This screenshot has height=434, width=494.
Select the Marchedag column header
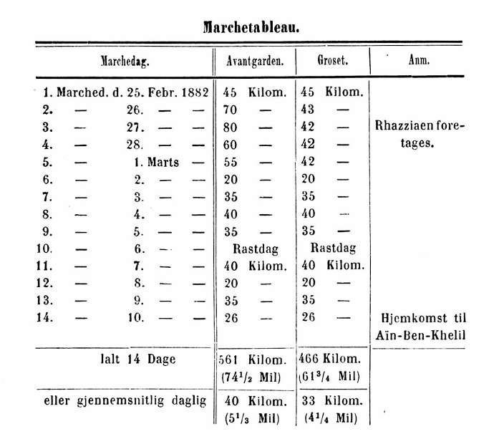coord(125,61)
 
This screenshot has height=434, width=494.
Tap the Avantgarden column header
coord(255,61)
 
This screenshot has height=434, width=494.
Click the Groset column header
coord(332,61)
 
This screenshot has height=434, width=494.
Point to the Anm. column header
coord(419,61)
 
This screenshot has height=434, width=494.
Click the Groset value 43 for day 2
coord(307,110)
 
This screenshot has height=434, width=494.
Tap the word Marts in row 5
coord(163,163)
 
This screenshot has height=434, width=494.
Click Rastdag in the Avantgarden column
coord(255,249)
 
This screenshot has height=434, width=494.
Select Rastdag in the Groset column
coord(331,249)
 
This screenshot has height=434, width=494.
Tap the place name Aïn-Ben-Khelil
coord(420,336)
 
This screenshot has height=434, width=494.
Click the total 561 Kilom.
coord(255,360)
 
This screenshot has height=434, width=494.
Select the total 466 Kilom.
coord(331,360)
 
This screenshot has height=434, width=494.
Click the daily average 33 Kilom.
coord(331,400)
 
